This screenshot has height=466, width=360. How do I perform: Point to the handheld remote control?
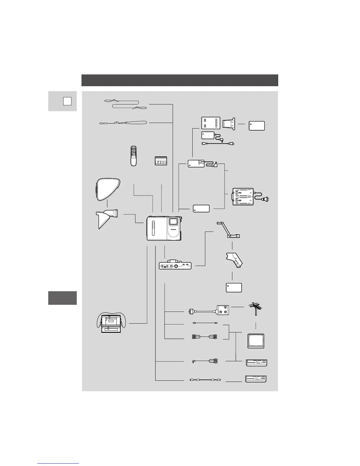click(x=134, y=156)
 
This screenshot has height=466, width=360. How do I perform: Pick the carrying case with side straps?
click(x=111, y=323)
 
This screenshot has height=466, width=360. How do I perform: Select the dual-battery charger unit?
click(x=243, y=197)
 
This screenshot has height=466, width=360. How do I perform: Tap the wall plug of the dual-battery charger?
click(x=266, y=199)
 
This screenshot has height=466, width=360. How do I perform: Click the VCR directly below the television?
click(x=257, y=363)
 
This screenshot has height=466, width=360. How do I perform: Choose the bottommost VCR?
click(x=256, y=379)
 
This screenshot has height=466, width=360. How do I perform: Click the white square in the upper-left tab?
click(x=67, y=101)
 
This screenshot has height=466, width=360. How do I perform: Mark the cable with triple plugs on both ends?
click(x=204, y=337)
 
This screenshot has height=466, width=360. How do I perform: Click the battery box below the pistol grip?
click(x=234, y=287)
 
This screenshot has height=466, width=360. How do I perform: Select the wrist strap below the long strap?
click(x=124, y=123)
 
